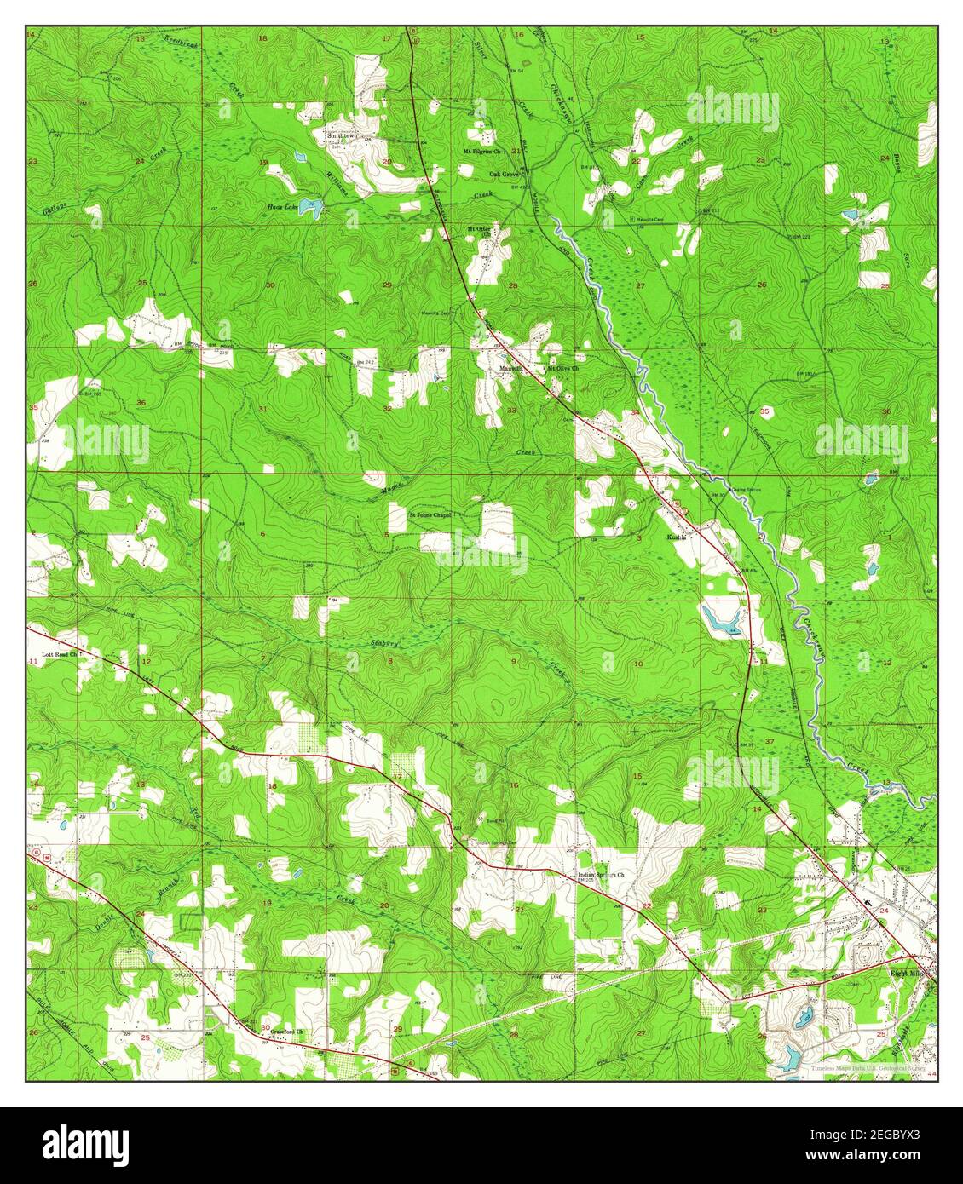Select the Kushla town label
click(678, 538)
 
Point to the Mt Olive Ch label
click(562, 369)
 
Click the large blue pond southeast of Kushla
click(720, 619)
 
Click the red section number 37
click(770, 742)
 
